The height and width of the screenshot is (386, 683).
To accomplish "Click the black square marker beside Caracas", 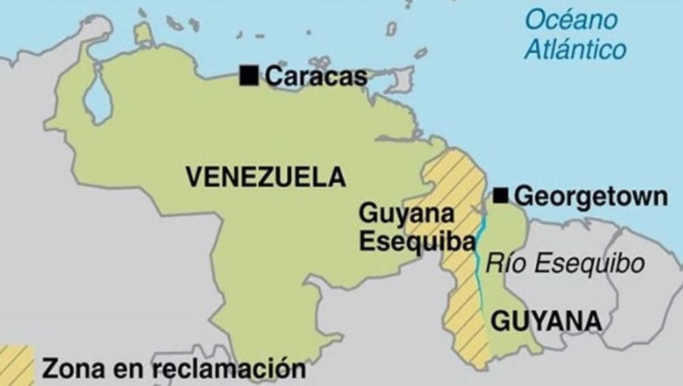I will click(x=249, y=76).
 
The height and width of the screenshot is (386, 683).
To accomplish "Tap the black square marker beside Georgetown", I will click(x=501, y=196).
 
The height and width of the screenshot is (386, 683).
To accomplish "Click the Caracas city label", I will click(x=316, y=76).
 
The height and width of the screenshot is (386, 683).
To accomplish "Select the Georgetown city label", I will click(x=590, y=196).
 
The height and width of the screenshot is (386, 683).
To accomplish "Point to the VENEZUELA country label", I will click(x=266, y=177).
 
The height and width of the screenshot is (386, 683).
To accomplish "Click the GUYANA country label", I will click(x=546, y=320).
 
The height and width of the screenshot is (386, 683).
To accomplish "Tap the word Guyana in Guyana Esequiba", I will click(x=406, y=213).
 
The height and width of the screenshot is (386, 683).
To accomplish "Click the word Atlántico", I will click(x=576, y=49).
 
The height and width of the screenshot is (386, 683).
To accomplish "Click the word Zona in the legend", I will click(x=71, y=369).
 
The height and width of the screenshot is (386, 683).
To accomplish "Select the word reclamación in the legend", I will click(x=229, y=369).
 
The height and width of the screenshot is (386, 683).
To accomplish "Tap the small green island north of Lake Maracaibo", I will click(x=143, y=33).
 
